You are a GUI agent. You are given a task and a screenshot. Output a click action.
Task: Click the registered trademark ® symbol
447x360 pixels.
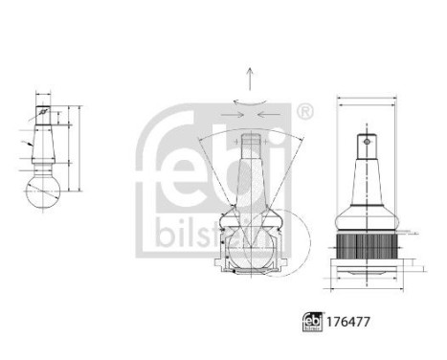pos(304,113)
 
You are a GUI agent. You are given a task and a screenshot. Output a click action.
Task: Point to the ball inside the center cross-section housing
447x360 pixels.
pos(250,247)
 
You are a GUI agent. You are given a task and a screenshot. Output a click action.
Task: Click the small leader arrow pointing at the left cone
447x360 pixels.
pos(30,144)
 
